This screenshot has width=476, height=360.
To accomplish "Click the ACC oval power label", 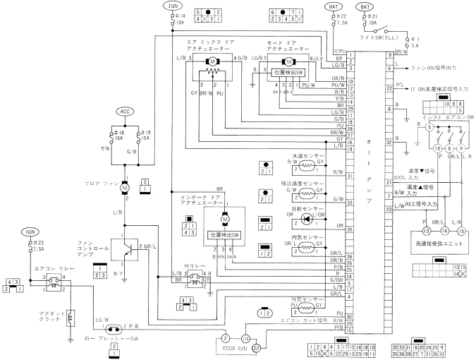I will pyautogui.click(x=125, y=112).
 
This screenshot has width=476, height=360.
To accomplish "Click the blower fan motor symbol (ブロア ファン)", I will pyautogui.click(x=125, y=188).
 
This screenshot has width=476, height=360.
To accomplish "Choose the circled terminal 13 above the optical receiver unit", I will pyautogui.click(x=407, y=230).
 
